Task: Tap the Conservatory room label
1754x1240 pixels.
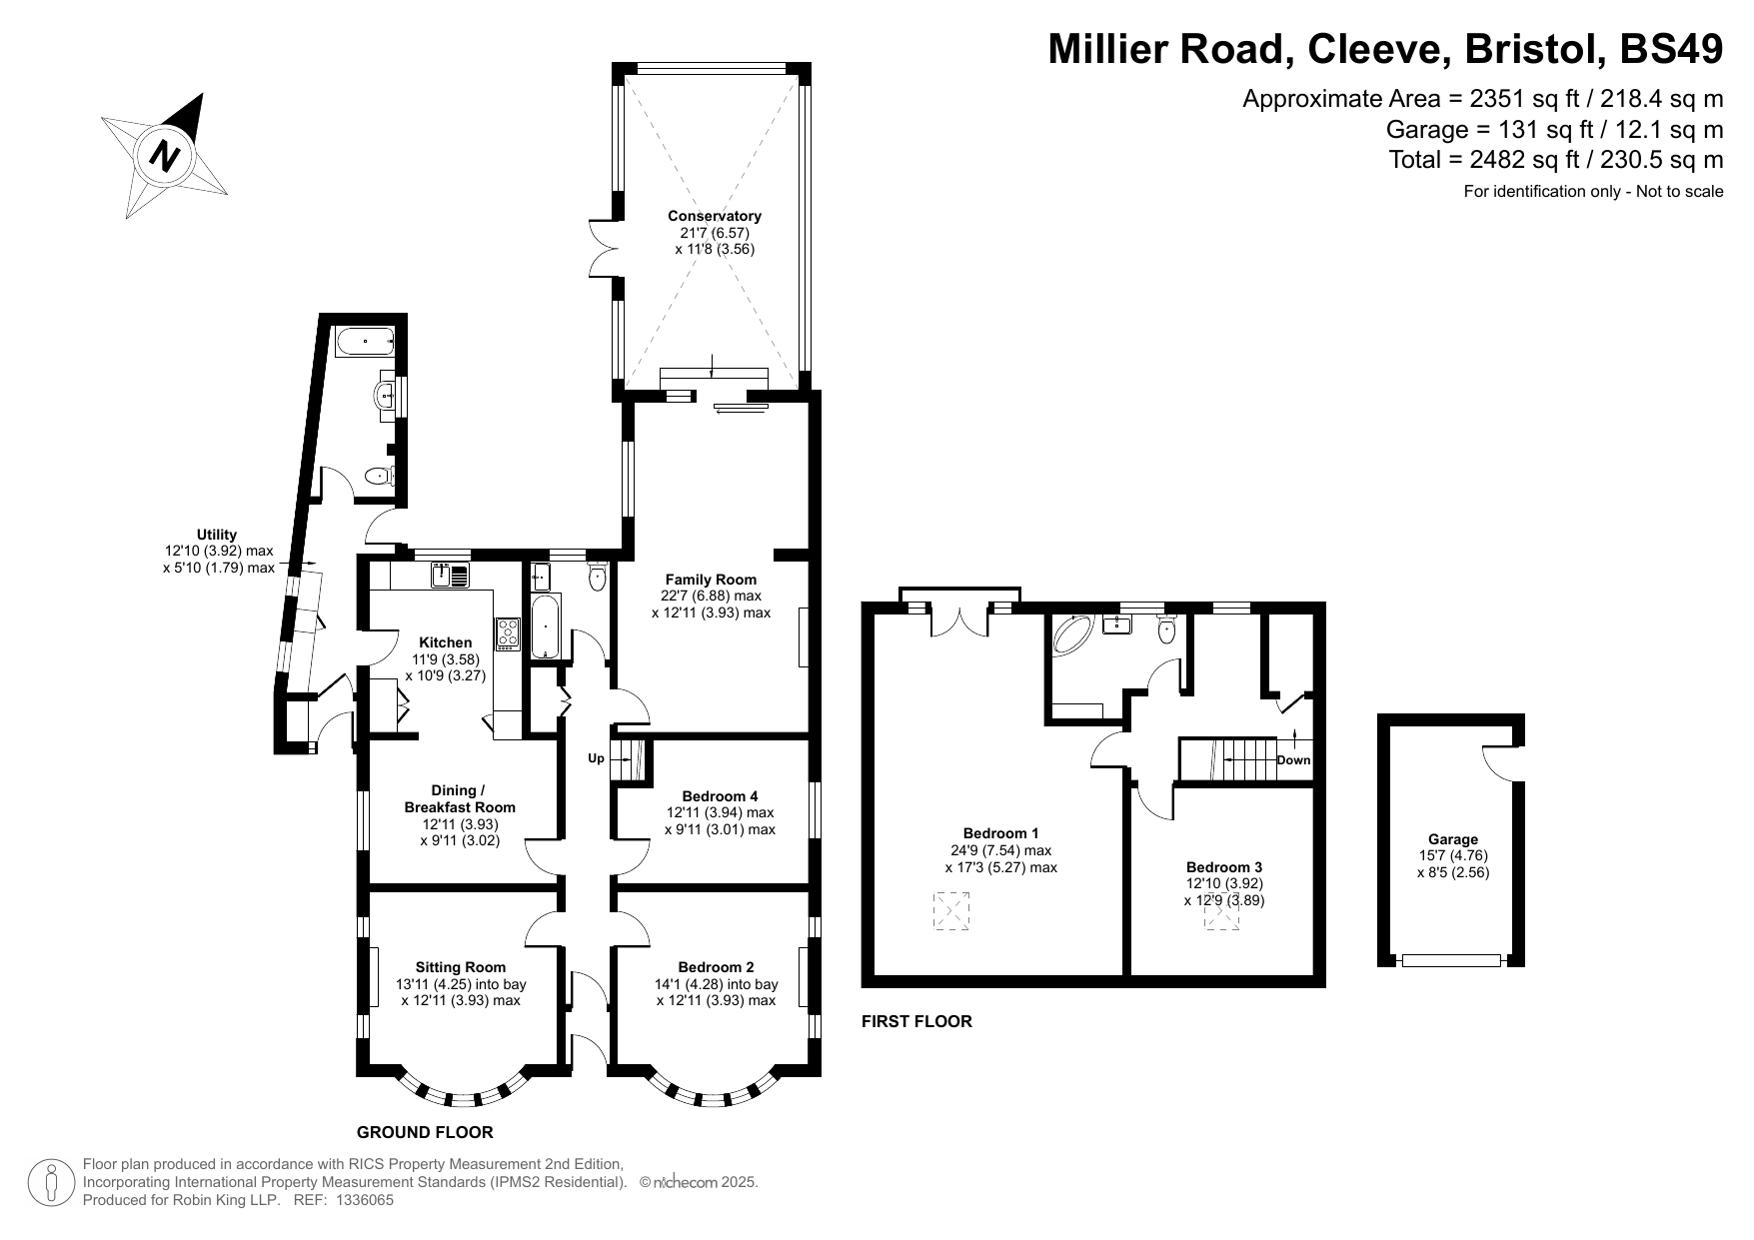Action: pos(715,216)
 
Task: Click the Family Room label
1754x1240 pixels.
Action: pos(711,580)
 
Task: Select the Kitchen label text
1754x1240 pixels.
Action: pos(446,642)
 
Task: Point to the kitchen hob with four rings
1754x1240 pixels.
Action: pos(509,633)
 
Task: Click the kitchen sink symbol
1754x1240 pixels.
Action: pos(451,575)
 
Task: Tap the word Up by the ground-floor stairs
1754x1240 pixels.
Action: pos(596,758)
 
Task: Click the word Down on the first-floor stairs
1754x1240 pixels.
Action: pos(1293,760)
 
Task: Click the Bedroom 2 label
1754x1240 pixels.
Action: pos(716,967)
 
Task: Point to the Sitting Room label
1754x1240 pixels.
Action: pos(461,967)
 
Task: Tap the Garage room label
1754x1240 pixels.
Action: pos(1452,840)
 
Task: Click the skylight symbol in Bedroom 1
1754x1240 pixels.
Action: pos(951,911)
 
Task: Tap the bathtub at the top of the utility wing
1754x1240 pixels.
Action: pos(366,342)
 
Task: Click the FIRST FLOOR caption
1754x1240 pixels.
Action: pos(916,1021)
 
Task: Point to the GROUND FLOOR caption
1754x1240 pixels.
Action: pos(425,1132)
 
